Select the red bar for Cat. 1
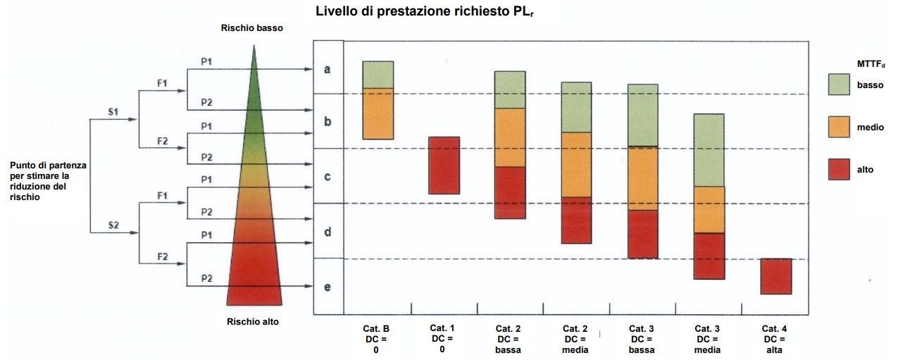pos(444,166)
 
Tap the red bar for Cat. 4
pos(776,276)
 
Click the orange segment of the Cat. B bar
pos(378,113)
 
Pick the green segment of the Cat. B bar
pos(378,75)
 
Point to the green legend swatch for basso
pos(840,85)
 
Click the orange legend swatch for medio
pos(840,127)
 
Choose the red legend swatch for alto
pos(840,169)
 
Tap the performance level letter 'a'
pos(328,69)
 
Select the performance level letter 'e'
pos(328,287)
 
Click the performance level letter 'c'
pos(328,176)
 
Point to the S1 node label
pos(113,113)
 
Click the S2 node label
pos(113,225)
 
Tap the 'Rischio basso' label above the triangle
pos(253,27)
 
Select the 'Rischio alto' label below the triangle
pos(253,322)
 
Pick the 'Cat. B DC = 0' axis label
pos(376,339)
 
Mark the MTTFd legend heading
pos(871,64)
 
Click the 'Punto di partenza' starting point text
pos(48,181)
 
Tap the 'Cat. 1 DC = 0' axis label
pos(443,339)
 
